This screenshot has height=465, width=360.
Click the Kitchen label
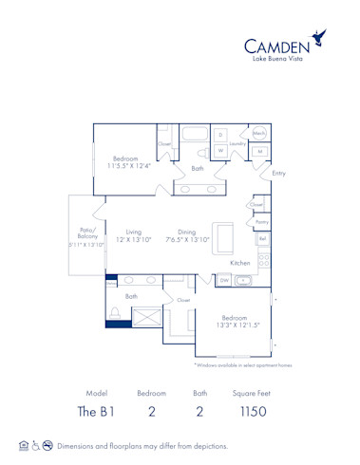(x=240, y=263)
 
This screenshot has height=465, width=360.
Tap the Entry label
(x=278, y=174)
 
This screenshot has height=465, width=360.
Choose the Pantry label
(x=262, y=222)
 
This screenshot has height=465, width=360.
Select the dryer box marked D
(x=220, y=135)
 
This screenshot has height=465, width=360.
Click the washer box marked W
(x=220, y=150)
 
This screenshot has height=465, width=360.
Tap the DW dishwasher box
(x=224, y=281)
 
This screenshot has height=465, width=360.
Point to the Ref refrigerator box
(x=263, y=239)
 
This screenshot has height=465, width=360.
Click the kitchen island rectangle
(x=222, y=235)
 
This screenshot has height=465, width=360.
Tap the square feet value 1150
(x=253, y=411)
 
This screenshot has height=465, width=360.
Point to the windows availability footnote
(x=243, y=364)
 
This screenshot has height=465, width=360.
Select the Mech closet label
(x=259, y=134)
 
